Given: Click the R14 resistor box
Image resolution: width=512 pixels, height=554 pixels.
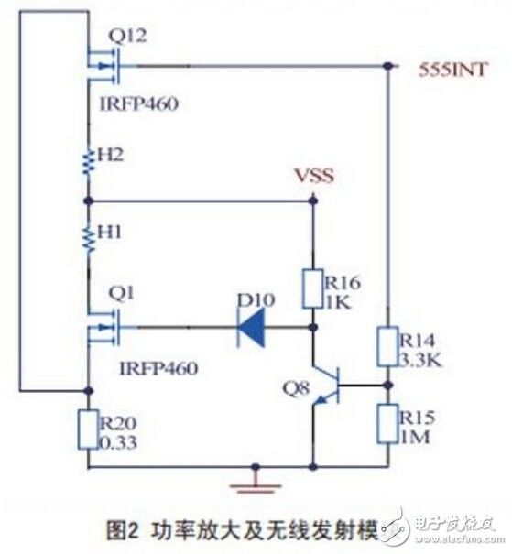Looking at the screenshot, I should [x=389, y=349].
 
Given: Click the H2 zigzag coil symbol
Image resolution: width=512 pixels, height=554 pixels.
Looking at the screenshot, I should [x=88, y=162].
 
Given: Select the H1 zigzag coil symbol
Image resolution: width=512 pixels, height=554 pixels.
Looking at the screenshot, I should [x=88, y=239].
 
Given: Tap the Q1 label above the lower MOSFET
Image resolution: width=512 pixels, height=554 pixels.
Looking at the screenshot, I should [x=119, y=294].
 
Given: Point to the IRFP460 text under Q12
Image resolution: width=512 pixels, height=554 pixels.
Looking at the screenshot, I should [x=136, y=103].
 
